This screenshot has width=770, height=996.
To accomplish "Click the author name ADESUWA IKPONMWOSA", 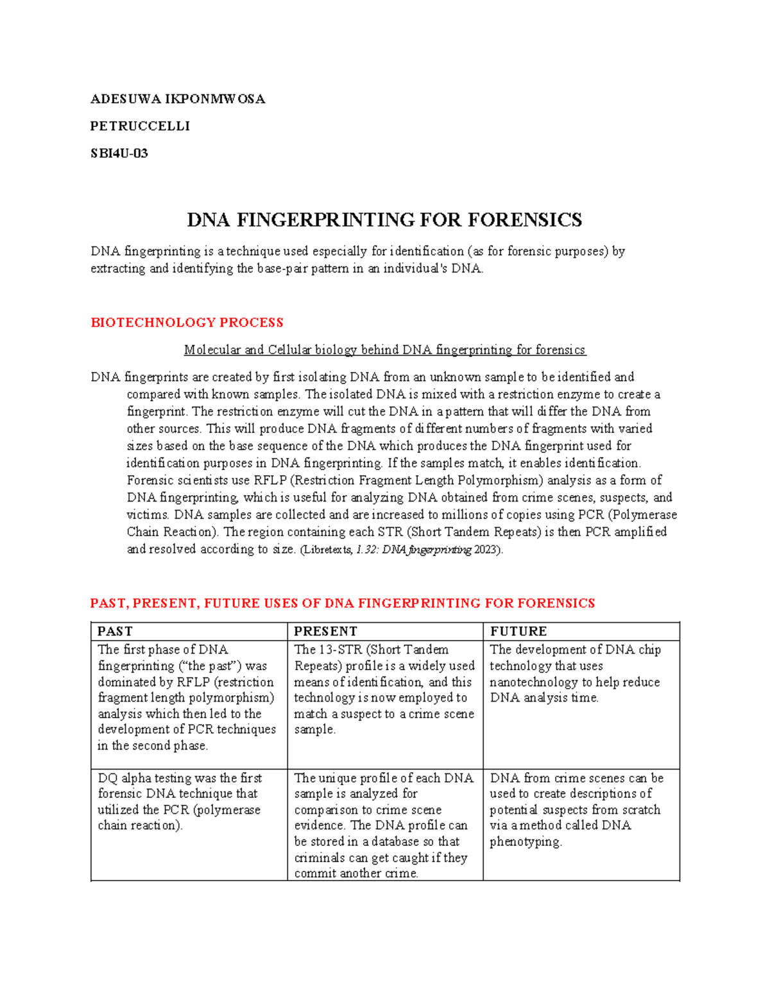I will click(178, 99).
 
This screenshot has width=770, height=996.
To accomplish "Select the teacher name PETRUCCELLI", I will click(140, 126).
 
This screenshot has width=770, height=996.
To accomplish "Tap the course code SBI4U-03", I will click(119, 153).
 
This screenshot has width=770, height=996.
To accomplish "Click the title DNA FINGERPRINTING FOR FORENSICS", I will click(384, 220).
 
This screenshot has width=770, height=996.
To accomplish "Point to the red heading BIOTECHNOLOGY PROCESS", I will click(187, 323).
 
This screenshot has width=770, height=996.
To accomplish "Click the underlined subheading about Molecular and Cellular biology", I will click(384, 350).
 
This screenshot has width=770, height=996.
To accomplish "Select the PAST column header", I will click(115, 631).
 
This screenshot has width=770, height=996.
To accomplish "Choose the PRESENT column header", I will click(325, 631).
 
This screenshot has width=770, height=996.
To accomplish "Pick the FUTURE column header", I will click(518, 631).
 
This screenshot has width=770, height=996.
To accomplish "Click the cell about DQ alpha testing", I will click(180, 802).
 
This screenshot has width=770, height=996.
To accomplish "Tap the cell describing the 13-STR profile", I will click(384, 689).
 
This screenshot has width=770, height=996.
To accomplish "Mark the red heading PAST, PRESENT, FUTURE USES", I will click(342, 604).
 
